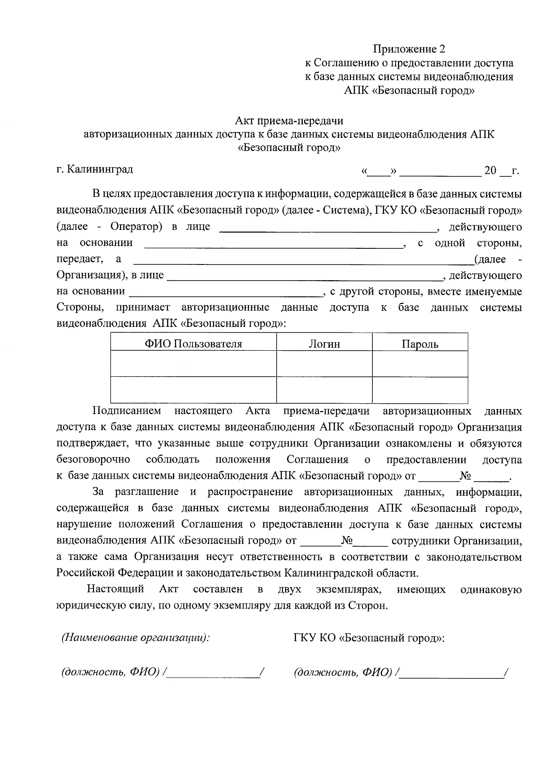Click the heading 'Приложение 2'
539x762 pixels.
click(x=409, y=49)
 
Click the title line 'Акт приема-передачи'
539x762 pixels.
click(x=289, y=120)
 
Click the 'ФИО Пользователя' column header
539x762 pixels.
click(x=193, y=344)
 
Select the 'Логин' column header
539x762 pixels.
click(x=324, y=344)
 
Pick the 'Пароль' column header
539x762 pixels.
click(x=420, y=344)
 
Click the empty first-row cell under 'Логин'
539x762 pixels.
click(x=324, y=364)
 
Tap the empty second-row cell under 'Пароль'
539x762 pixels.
click(x=420, y=390)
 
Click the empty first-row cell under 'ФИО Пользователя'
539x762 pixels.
click(x=193, y=364)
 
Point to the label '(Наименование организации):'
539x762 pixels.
click(x=136, y=638)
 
